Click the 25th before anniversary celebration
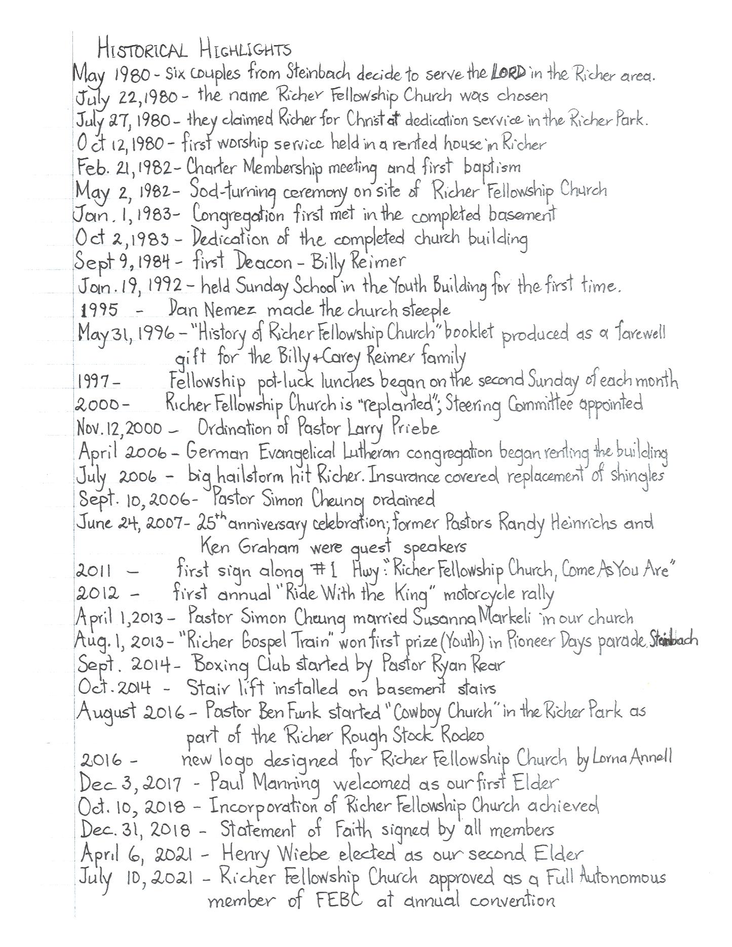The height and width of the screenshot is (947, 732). tap(211, 522)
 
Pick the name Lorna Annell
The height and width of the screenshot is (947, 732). tap(629, 758)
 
